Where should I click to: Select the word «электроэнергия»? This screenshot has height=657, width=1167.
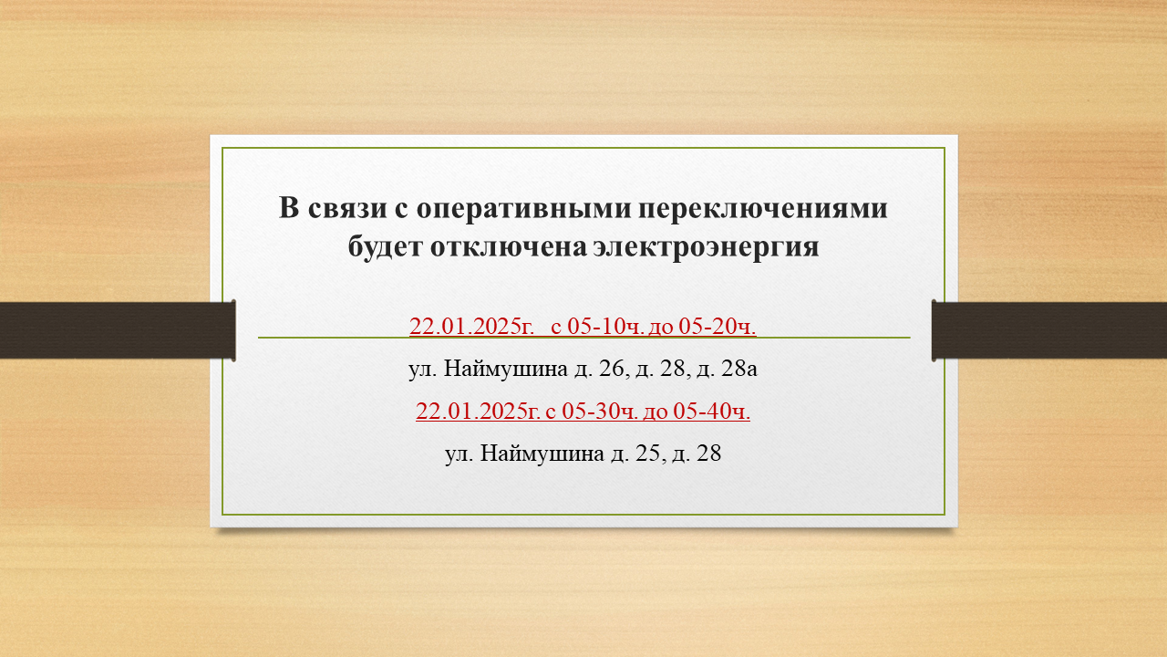coord(706,247)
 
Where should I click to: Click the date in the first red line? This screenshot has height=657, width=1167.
coord(472,327)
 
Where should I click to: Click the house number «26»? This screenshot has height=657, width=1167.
coord(611,369)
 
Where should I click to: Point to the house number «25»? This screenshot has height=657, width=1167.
coord(647,454)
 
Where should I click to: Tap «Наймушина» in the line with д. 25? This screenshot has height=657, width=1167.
coord(542,454)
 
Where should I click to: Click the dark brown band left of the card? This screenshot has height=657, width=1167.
coord(118,330)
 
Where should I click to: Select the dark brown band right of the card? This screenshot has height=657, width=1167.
coord(1049,330)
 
